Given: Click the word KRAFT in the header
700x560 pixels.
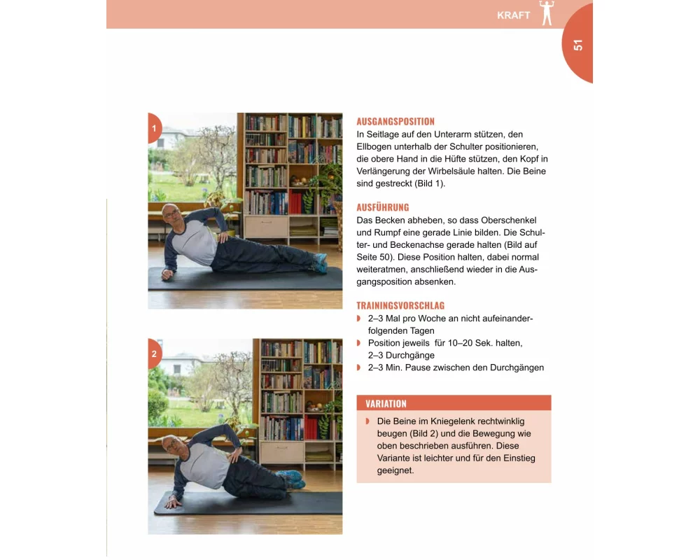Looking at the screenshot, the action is tap(513, 15).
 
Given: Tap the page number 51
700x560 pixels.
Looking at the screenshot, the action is tap(578, 45).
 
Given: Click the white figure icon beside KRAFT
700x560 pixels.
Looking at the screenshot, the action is tap(547, 13).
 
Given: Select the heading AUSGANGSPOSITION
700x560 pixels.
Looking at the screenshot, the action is tap(395, 122).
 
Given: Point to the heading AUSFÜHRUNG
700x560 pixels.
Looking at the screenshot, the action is tap(383, 207).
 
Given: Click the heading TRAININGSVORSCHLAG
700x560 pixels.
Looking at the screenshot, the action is tap(400, 305).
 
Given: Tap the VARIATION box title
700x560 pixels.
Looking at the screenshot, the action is tap(386, 404).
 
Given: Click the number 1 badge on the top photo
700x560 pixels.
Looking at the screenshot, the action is tap(155, 129).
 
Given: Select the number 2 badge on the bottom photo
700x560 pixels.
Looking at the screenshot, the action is tap(155, 353).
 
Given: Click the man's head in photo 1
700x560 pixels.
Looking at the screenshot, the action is tap(172, 215).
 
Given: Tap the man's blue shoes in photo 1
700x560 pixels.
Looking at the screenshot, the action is tap(320, 262).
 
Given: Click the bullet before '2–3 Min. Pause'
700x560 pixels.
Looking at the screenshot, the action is tap(358, 367).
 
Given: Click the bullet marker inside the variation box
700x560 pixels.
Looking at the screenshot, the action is tap(367, 421).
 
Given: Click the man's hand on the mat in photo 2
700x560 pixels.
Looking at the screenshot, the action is tap(172, 503).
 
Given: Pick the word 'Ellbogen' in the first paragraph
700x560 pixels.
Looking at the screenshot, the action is tap(374, 147).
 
